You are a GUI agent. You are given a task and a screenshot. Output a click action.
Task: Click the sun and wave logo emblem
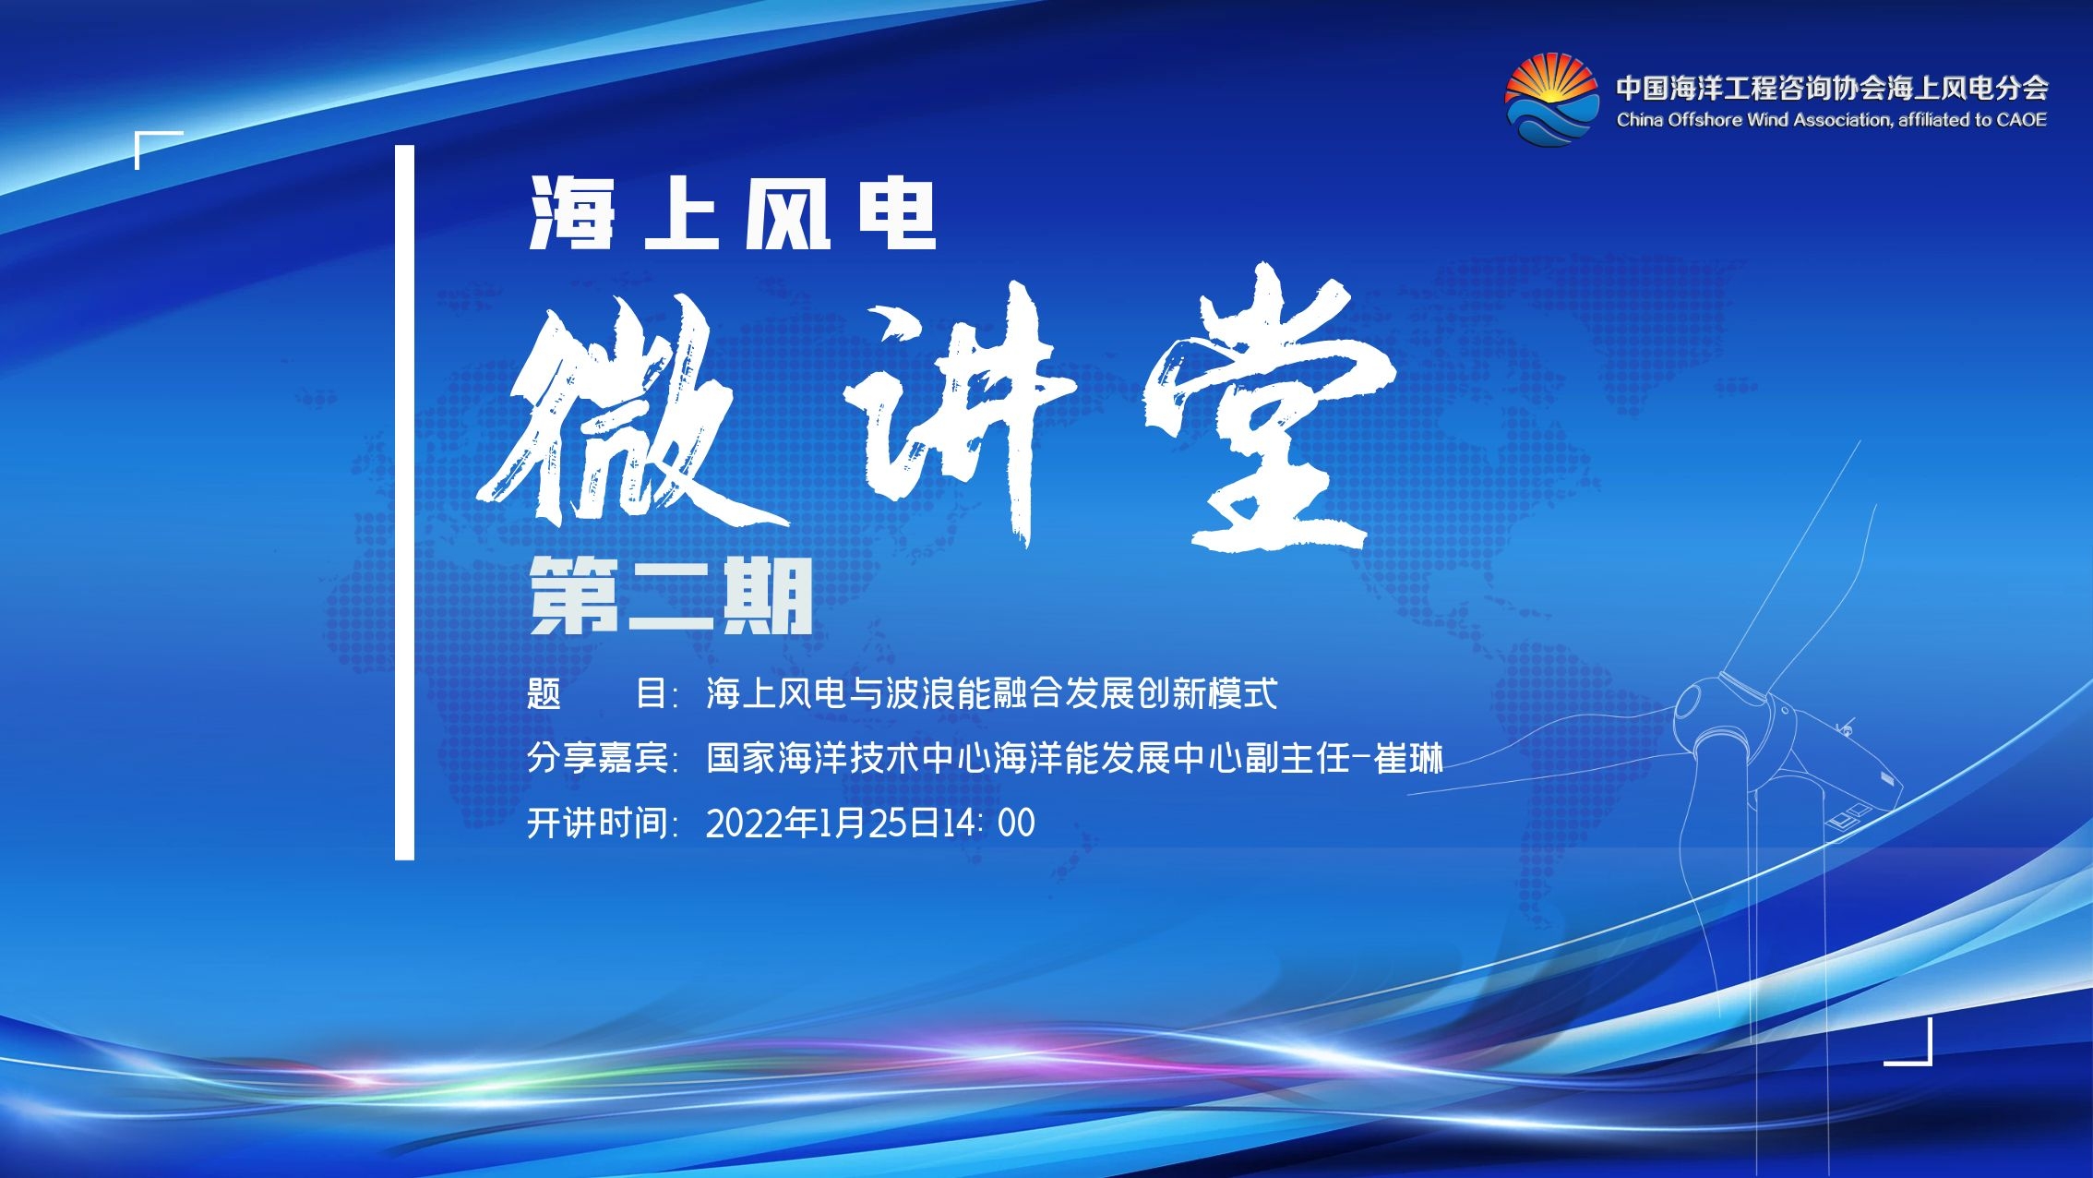1551,100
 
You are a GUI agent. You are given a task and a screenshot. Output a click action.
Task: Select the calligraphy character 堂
1269,406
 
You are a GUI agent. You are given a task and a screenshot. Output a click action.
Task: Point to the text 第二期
671,595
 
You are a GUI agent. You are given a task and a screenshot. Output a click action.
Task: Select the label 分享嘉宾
598,759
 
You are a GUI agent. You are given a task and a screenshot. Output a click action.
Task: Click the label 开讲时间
598,823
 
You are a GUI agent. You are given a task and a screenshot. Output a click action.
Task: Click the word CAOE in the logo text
2021,119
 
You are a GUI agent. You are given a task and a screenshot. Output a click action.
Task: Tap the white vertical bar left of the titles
404,502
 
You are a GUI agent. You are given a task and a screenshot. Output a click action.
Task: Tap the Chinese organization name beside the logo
1832,88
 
